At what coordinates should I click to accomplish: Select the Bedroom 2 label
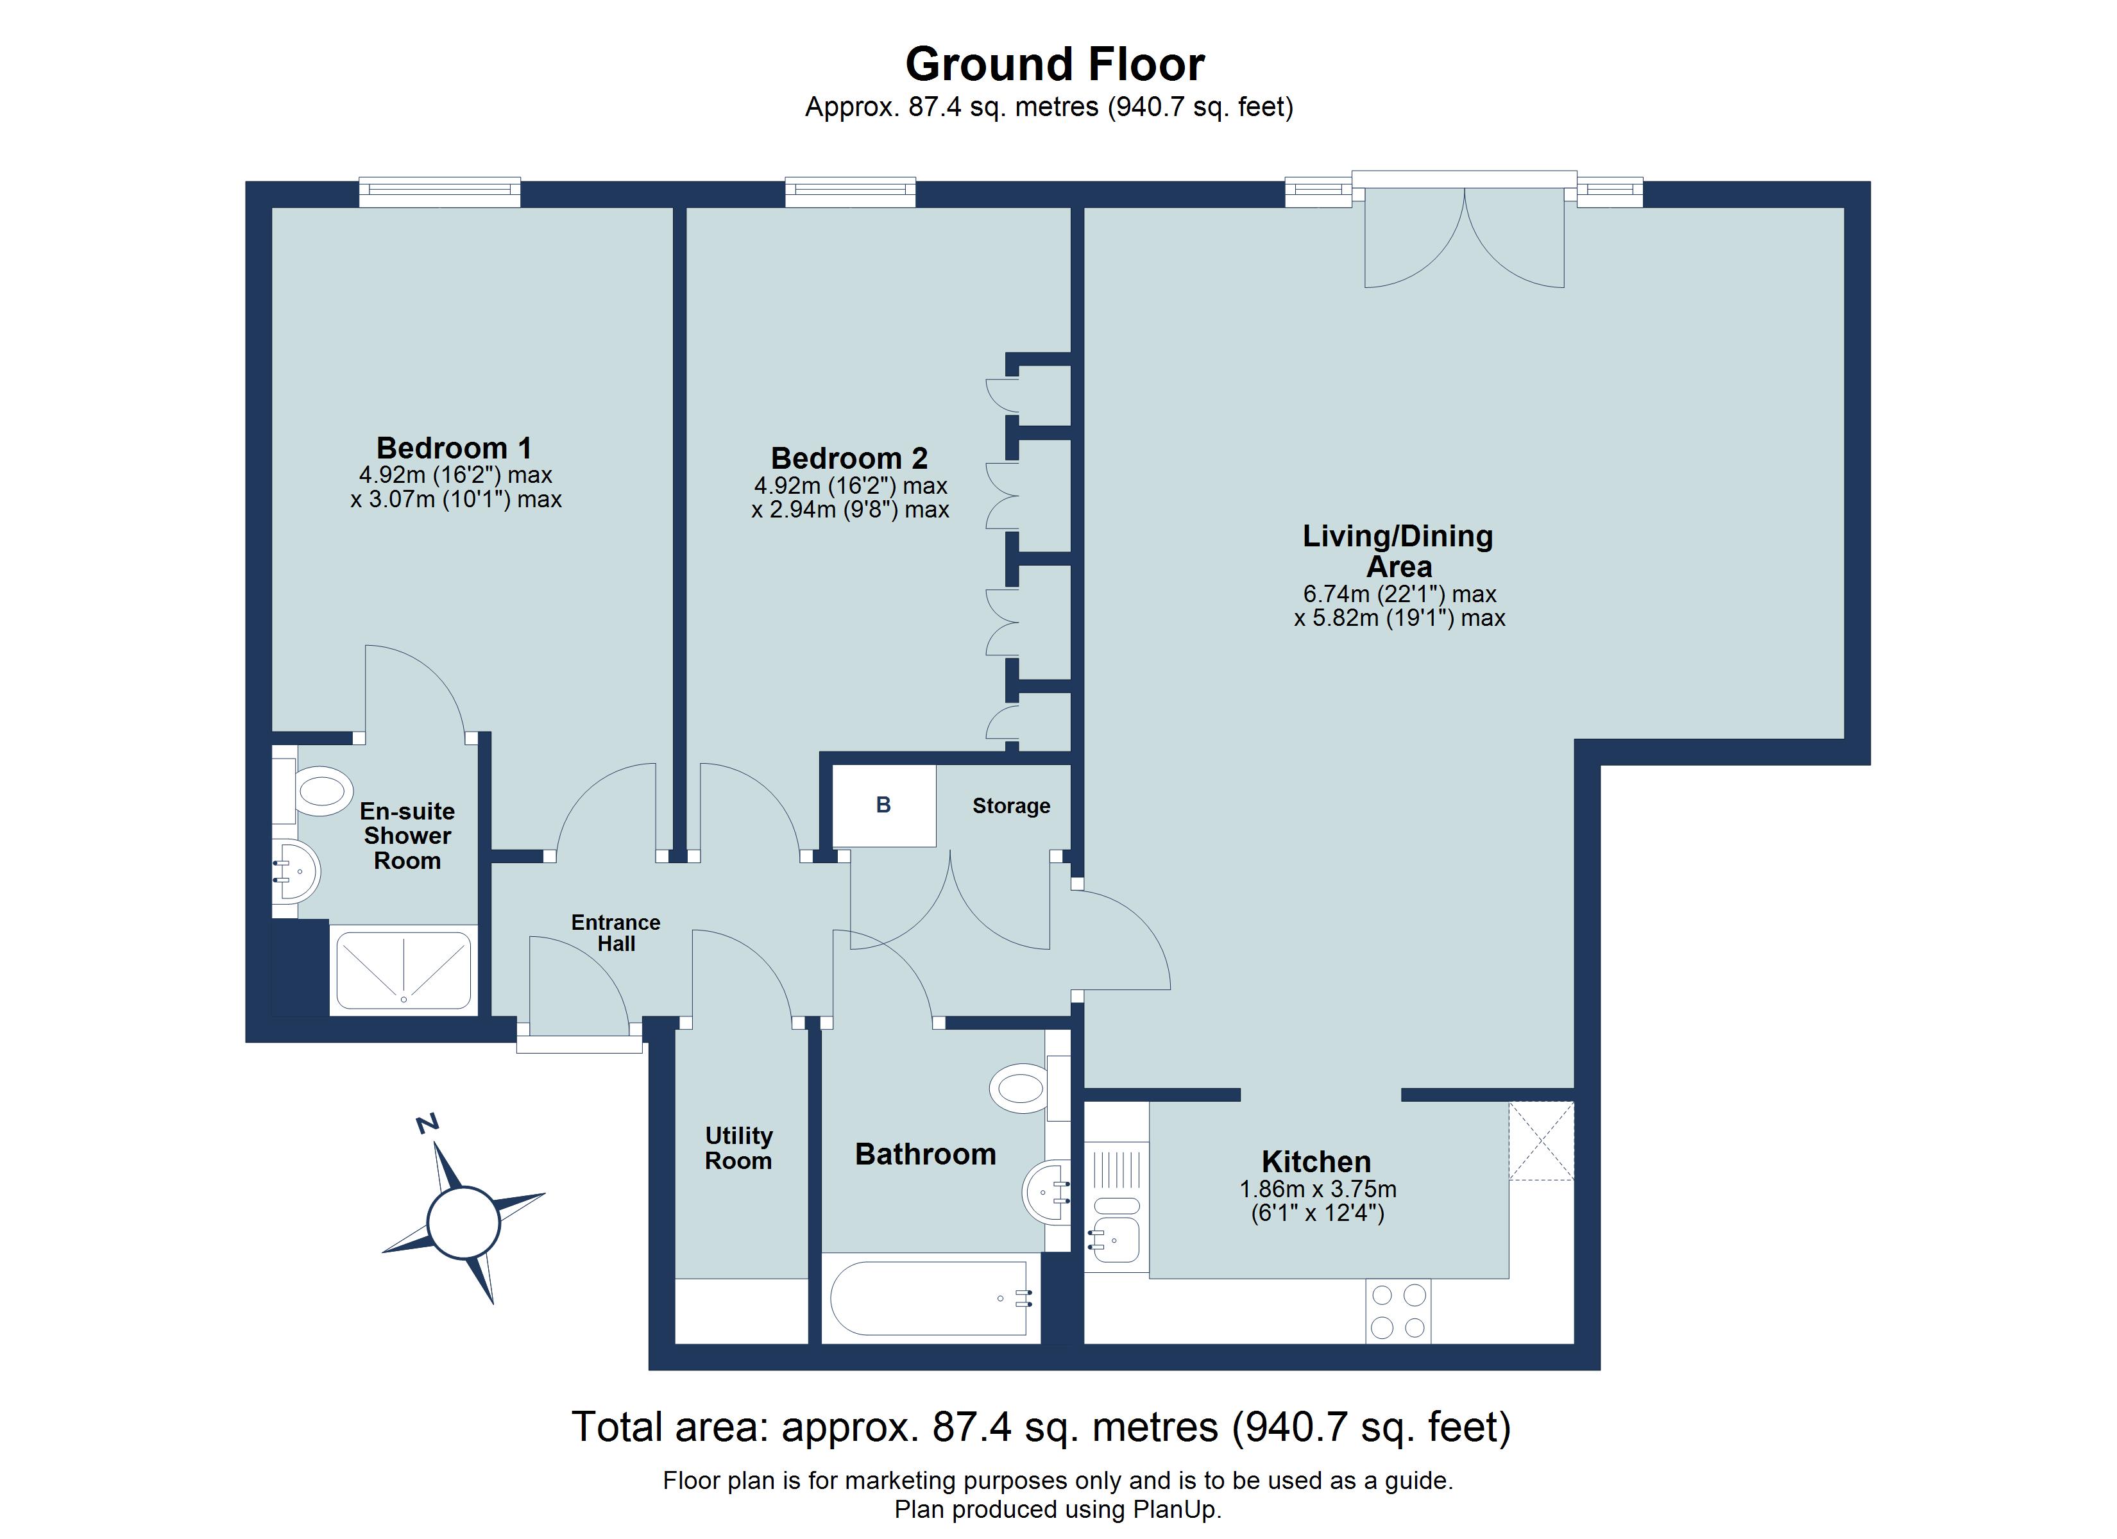pos(849,458)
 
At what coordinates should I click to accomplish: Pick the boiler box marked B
pos(883,805)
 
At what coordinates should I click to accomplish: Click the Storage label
pos(1011,805)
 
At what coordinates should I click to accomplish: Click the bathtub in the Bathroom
pos(929,1298)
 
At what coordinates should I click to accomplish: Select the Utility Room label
pos(738,1148)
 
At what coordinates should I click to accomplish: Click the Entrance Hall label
pos(615,932)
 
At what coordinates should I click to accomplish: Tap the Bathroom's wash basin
pos(1046,1192)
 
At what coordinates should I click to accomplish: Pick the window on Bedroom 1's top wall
pos(439,192)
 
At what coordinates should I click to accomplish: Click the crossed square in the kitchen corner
pos(1540,1141)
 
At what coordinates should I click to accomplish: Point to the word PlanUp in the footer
pos(1173,1509)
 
